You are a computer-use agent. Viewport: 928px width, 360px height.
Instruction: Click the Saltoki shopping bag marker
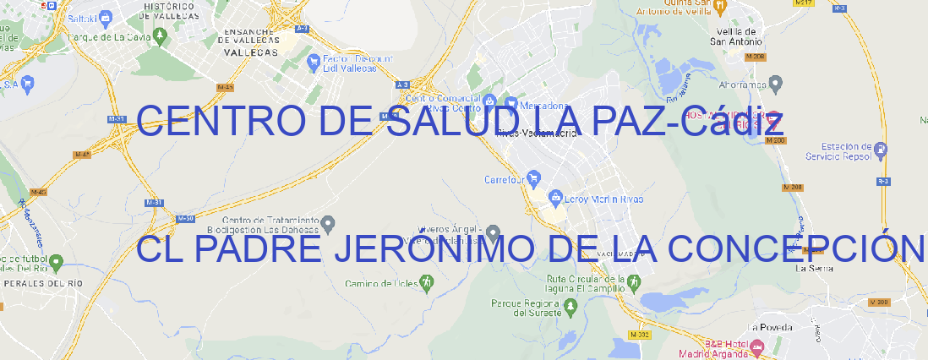coord(106,17)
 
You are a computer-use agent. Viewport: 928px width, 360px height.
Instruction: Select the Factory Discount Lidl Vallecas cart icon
coord(315,60)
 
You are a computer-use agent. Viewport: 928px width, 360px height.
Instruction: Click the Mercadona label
coord(541,106)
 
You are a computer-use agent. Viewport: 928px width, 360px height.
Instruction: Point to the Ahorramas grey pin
coord(776,83)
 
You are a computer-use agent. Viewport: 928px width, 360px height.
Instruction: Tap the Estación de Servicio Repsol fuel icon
coord(882,150)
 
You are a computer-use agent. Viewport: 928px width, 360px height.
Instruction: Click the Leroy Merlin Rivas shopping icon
coord(555,199)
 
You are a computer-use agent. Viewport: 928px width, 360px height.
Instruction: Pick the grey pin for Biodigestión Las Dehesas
coord(329,223)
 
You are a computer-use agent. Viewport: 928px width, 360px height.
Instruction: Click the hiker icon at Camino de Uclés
coord(427,282)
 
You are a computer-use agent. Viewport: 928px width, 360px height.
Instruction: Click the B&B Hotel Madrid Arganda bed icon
coord(757,346)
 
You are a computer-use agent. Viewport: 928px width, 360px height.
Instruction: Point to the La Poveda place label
coord(769,326)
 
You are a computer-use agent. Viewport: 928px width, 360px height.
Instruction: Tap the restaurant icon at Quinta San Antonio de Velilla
coord(720,7)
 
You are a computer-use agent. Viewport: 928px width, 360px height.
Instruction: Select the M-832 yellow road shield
coord(641,335)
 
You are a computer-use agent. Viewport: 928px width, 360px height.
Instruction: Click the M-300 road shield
coord(880,302)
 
